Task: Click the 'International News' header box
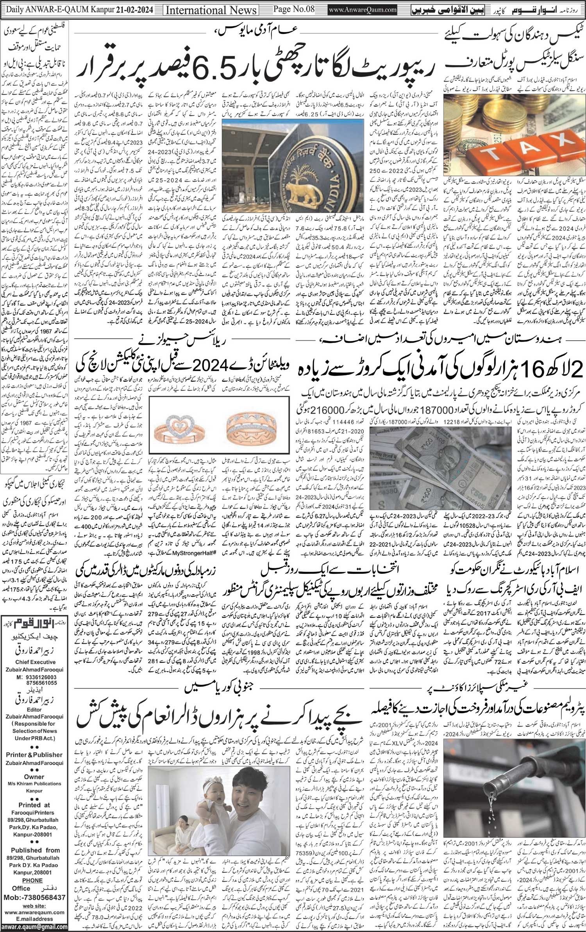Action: click(212, 9)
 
